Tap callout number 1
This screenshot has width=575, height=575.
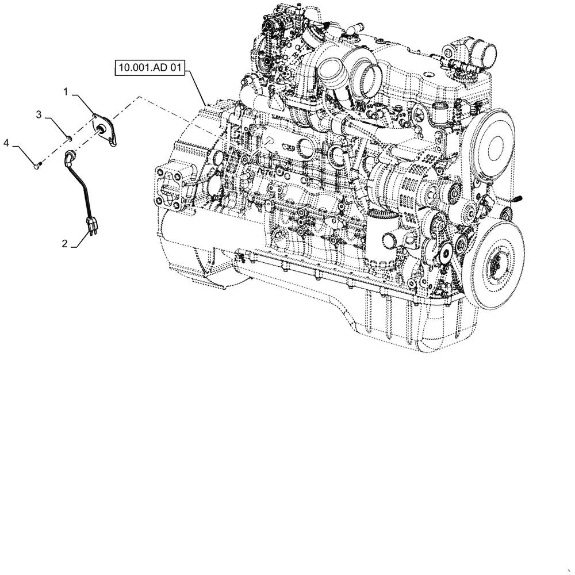[x=67, y=91]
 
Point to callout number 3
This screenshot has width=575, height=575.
[x=39, y=115]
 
